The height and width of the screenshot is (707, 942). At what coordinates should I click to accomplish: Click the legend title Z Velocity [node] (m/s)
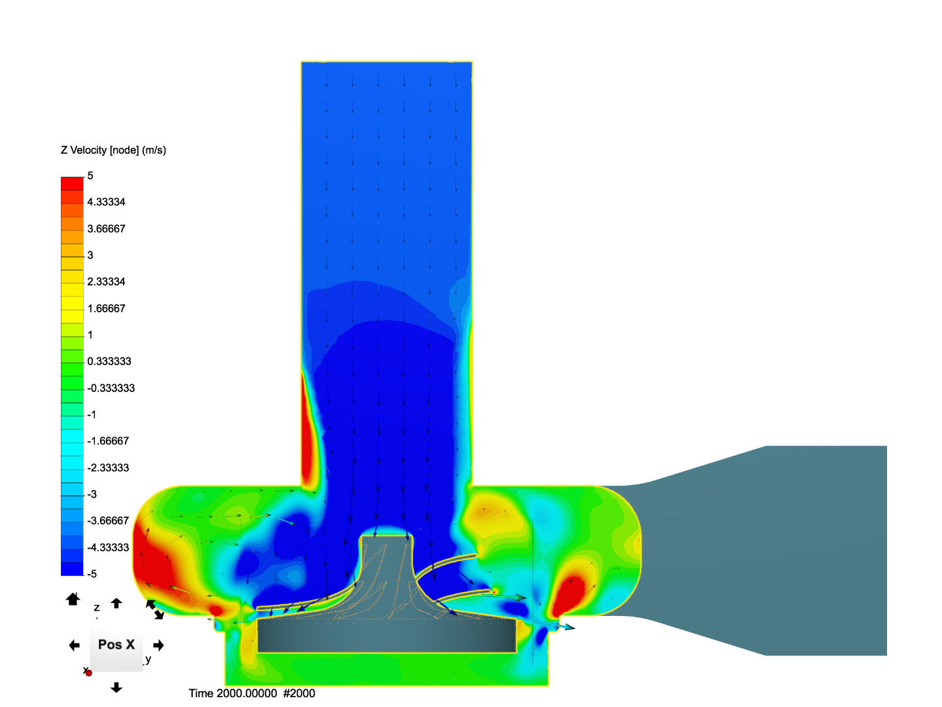tap(113, 150)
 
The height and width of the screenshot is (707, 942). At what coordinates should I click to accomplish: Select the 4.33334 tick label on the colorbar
tap(106, 202)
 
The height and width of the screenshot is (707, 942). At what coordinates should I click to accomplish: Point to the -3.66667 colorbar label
tap(108, 521)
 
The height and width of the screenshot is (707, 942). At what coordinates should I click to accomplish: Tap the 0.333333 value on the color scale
tap(109, 361)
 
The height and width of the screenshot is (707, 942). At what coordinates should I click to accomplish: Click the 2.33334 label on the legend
tap(106, 282)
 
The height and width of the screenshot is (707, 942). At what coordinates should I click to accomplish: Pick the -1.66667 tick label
tap(108, 441)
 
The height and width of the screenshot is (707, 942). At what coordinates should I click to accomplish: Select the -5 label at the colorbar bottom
tap(92, 574)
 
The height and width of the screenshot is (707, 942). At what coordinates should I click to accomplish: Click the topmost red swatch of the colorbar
tap(72, 183)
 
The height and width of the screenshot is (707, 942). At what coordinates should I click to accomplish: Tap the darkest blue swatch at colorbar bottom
tap(72, 569)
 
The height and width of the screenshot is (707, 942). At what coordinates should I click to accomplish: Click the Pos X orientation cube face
tap(116, 645)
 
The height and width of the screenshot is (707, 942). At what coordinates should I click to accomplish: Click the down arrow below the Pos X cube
tap(116, 687)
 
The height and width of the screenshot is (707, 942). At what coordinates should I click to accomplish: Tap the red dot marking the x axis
tap(88, 673)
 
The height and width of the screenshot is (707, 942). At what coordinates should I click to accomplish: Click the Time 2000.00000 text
tap(233, 693)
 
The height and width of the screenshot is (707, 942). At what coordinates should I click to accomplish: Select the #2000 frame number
tap(299, 693)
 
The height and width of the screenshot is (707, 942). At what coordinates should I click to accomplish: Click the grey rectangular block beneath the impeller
tap(387, 636)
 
